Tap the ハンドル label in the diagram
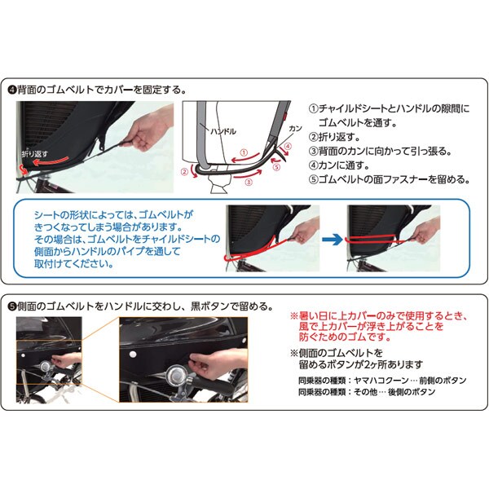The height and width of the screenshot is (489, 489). [x=223, y=131]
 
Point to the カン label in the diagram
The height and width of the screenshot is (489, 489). [x=295, y=129]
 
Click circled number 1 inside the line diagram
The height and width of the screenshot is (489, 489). [x=244, y=153]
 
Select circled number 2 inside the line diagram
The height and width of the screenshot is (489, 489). [x=185, y=171]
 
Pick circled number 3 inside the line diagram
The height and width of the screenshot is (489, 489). [x=249, y=183]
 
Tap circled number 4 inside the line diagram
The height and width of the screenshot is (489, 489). [x=289, y=146]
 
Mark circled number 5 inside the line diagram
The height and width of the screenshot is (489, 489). [x=276, y=167]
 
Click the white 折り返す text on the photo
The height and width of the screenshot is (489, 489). [x=35, y=154]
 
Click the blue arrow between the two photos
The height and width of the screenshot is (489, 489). [x=333, y=240]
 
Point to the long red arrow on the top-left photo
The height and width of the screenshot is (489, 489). [x=51, y=161]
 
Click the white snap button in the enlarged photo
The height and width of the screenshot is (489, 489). [x=134, y=355]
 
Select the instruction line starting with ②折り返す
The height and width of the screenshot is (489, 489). [x=334, y=137]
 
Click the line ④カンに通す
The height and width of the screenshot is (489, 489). [x=339, y=165]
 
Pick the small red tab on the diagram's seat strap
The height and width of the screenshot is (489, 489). [x=285, y=116]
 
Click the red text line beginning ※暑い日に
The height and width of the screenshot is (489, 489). [x=379, y=316]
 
